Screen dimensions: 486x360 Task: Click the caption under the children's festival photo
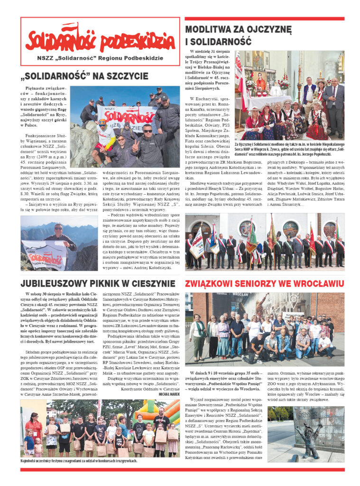coord(78,460)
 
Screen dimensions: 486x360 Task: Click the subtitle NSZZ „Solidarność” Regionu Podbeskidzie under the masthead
coord(100,58)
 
